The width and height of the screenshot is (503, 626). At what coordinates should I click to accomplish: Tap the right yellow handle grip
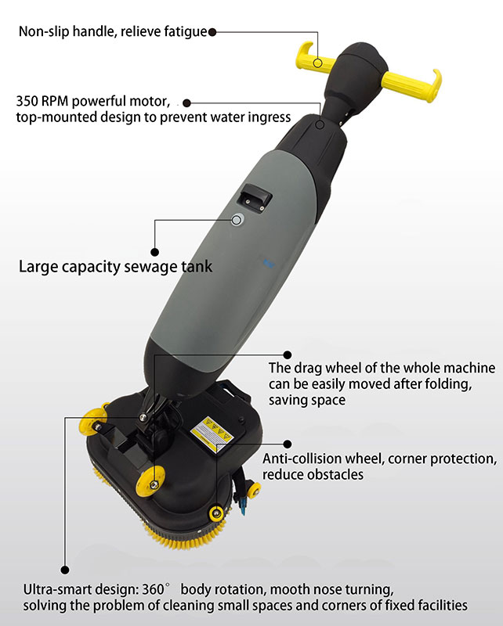(412, 84)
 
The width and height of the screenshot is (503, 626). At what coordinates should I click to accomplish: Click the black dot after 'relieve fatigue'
(212, 32)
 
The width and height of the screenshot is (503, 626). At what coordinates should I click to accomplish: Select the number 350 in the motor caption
(27, 101)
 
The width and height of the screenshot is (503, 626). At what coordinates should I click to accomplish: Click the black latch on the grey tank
(255, 198)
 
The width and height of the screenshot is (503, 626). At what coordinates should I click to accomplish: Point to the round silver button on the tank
(237, 220)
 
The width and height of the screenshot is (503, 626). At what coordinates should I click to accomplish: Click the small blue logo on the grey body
(266, 263)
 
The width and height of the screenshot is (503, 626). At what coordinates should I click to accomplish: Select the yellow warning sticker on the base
(212, 434)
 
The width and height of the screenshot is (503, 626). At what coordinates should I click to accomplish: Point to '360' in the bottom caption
(153, 589)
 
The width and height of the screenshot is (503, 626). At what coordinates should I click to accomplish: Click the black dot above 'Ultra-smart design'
(65, 570)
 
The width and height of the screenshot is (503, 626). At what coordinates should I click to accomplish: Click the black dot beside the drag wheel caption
(287, 354)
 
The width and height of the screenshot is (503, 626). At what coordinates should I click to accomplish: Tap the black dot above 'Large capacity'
(155, 252)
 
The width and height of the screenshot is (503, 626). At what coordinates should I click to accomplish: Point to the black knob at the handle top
(361, 60)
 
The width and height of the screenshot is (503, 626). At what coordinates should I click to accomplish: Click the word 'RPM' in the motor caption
(55, 101)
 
